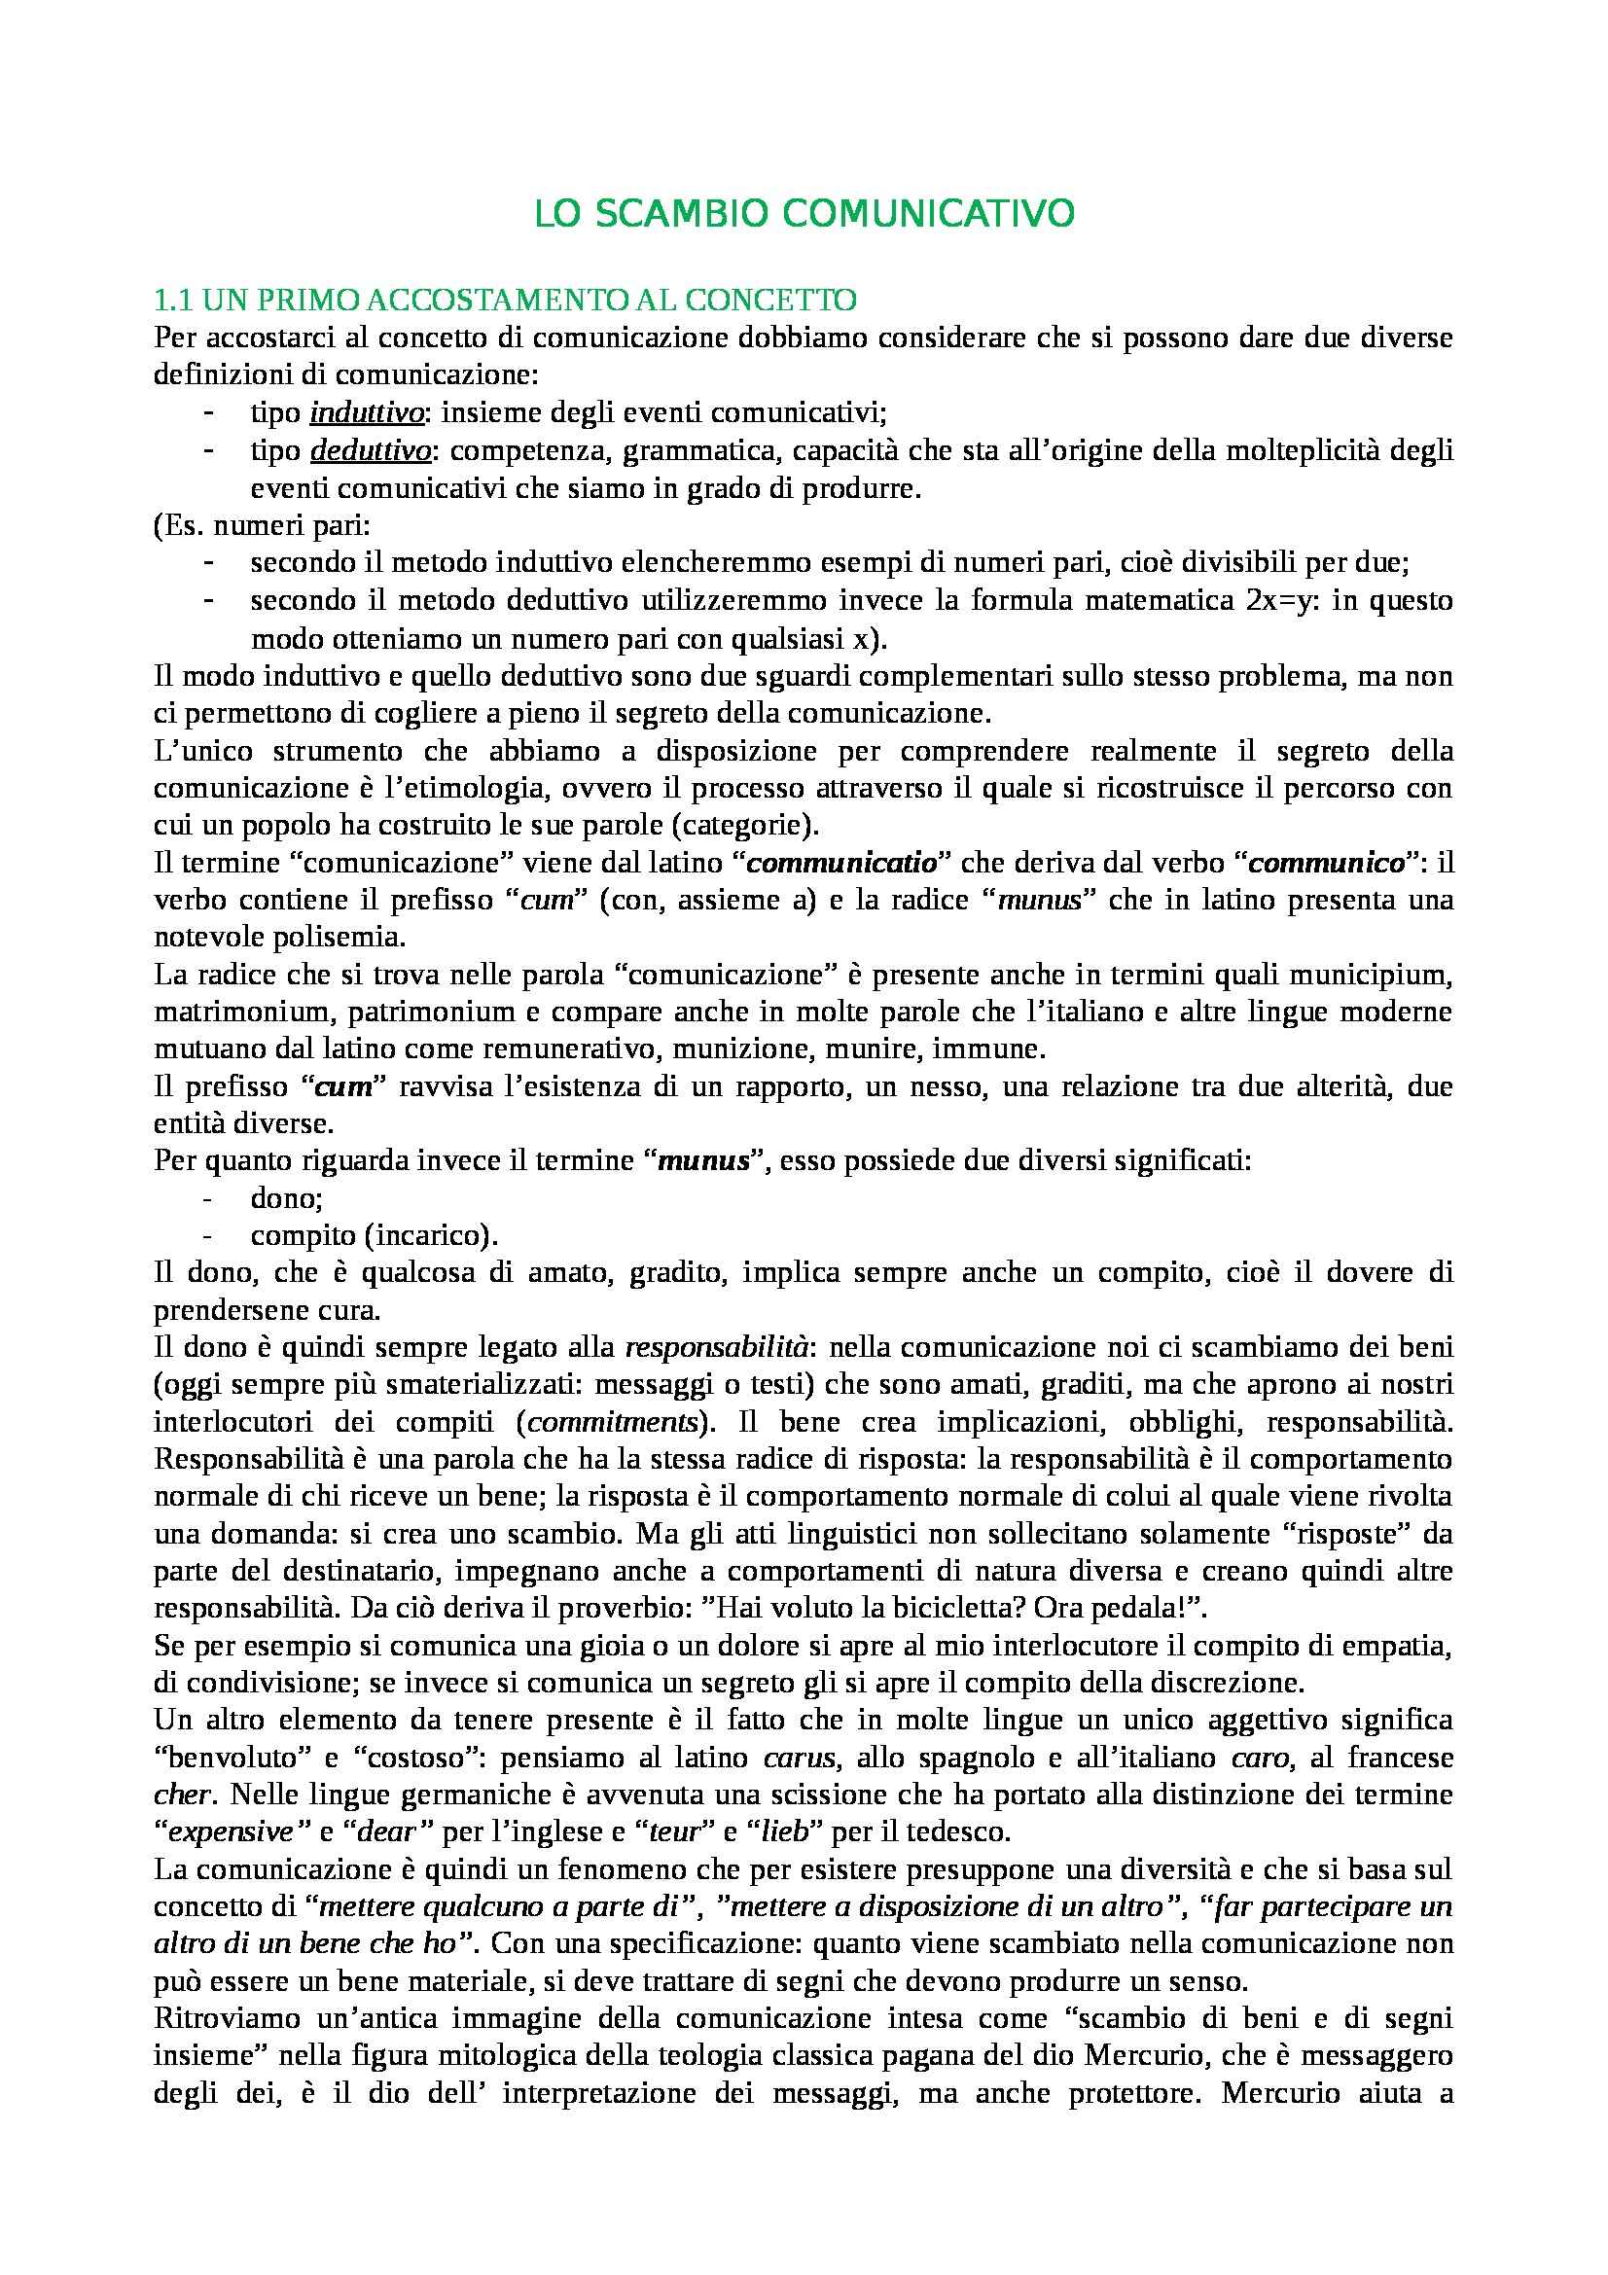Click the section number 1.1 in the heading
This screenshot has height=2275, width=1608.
[176, 299]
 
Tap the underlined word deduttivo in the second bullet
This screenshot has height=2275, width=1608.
[371, 451]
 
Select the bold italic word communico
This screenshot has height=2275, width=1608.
[1327, 862]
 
